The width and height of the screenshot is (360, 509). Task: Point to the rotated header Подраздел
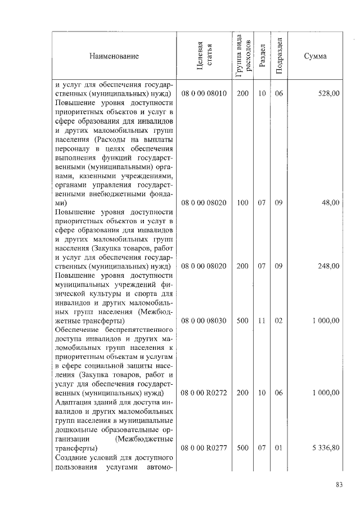[x=279, y=56]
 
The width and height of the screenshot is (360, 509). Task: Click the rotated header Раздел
[x=262, y=56]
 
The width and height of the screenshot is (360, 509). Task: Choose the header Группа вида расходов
[x=243, y=56]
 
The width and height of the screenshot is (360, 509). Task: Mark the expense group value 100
[x=242, y=202]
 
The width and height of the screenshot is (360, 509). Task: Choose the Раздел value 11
[x=262, y=321]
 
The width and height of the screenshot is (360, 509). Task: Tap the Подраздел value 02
[x=278, y=321]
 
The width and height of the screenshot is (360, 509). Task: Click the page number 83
[x=339, y=485]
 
